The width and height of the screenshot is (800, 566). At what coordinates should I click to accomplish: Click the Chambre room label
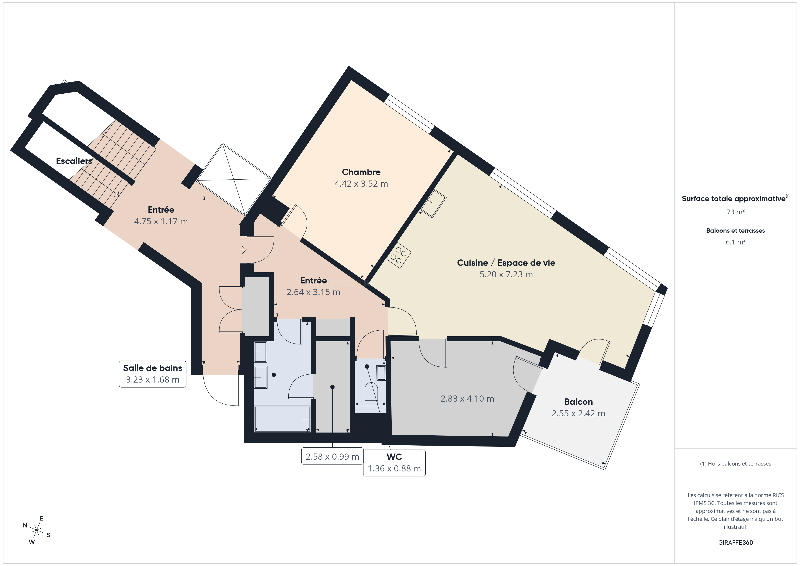click(x=361, y=172)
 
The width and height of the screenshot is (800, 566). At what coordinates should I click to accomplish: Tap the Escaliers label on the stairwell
click(x=74, y=161)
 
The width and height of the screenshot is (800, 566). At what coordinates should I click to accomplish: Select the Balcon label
click(x=578, y=402)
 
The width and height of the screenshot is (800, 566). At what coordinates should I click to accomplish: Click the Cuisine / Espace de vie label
click(x=506, y=263)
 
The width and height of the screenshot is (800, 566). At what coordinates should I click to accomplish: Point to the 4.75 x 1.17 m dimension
click(x=161, y=221)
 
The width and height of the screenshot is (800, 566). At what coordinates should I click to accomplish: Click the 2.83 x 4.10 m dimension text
click(x=467, y=399)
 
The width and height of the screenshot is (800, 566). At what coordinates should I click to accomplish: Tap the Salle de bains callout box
click(x=153, y=374)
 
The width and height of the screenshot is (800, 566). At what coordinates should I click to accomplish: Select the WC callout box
click(x=394, y=463)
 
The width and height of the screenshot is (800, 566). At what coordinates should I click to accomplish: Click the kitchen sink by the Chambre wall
click(x=434, y=204)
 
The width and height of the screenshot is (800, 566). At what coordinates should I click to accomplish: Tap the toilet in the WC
click(x=371, y=394)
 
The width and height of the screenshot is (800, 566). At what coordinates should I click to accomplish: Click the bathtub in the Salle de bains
click(x=282, y=419)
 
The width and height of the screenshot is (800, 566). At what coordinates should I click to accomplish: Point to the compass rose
click(x=36, y=530)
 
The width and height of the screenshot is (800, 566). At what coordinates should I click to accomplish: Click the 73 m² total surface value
click(x=736, y=212)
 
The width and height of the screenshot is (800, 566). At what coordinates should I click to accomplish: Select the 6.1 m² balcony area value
click(x=736, y=242)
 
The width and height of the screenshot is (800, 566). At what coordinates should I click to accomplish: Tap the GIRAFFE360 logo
click(x=736, y=543)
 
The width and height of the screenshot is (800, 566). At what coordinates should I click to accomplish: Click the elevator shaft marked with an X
click(x=234, y=180)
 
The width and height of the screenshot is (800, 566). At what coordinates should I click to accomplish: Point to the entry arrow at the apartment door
click(x=243, y=249)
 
